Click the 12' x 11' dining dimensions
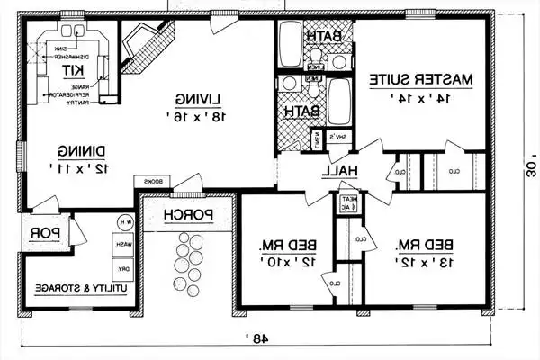pyautogui.click(x=80, y=168)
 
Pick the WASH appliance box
pyautogui.click(x=117, y=244)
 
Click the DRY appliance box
pyautogui.click(x=117, y=268)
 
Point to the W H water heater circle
pyautogui.click(x=122, y=221)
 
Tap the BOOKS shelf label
pyautogui.click(x=152, y=182)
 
